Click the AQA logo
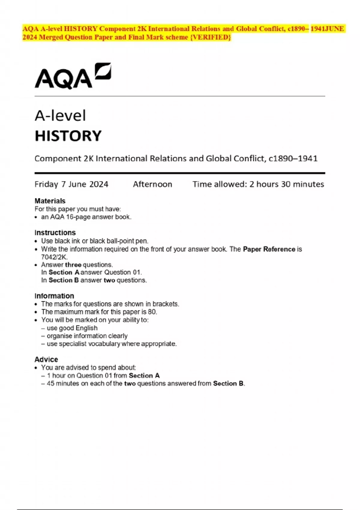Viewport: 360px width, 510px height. (73, 76)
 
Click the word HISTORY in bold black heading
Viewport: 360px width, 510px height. (68, 136)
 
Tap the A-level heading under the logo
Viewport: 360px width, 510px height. (60, 116)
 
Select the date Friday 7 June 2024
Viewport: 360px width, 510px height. (71, 184)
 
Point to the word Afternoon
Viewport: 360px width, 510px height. (152, 184)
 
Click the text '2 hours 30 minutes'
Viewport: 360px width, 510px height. (286, 184)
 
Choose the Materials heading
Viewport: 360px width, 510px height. (50, 201)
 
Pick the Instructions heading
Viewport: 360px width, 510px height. (55, 232)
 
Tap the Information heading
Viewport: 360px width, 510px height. (54, 296)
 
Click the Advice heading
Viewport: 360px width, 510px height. (46, 359)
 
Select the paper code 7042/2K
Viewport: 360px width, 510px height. (54, 257)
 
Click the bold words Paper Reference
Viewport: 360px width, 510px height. (269, 249)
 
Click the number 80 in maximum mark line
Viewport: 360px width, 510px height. (152, 312)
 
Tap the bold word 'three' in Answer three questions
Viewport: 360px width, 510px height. (73, 265)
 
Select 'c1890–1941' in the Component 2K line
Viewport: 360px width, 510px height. (293, 158)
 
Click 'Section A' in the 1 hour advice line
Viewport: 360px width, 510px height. (144, 376)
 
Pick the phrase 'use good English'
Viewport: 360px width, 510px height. (72, 328)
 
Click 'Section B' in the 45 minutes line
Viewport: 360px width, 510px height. (228, 383)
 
